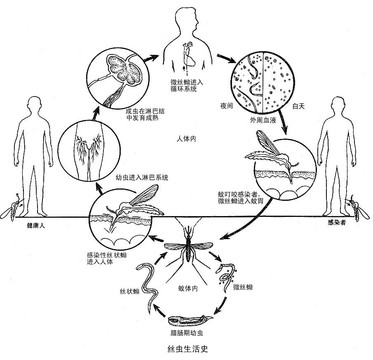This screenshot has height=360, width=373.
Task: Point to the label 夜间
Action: [227, 106]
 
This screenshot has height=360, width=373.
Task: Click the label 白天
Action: [298, 106]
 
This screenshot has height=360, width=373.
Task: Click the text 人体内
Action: [185, 139]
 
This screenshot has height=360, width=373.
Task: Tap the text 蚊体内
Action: [188, 288]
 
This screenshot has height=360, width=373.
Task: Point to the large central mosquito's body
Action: [188, 249]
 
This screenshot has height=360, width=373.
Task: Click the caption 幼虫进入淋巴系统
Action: [142, 178]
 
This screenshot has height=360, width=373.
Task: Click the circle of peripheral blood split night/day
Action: [263, 83]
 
